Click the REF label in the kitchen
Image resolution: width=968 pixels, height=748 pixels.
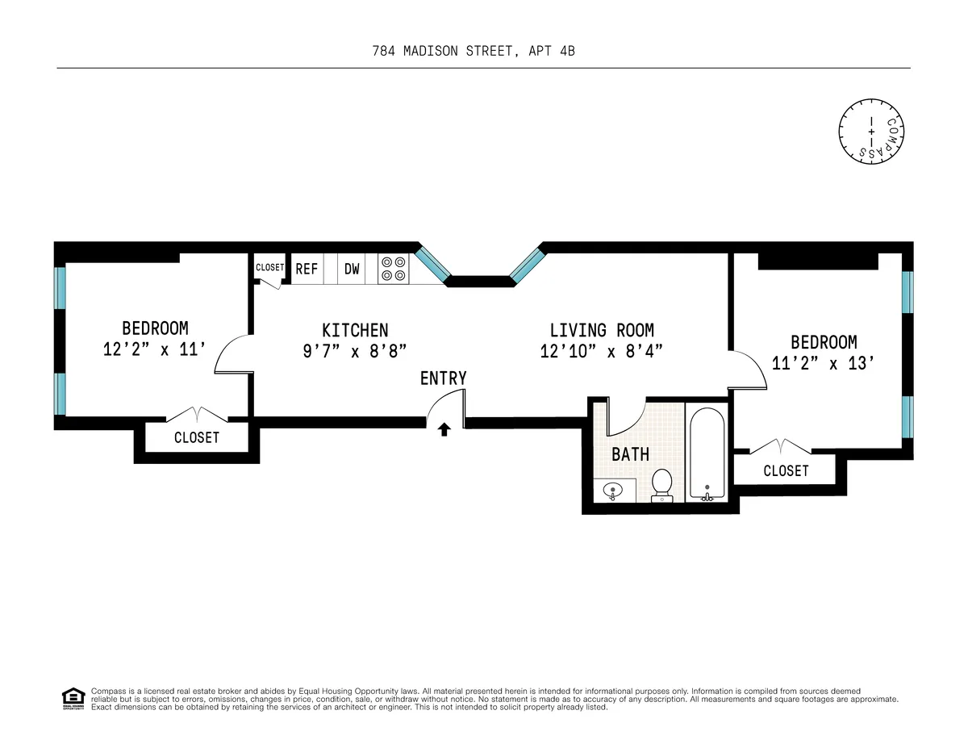pos(307,270)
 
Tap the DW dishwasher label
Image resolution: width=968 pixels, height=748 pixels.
pos(352,270)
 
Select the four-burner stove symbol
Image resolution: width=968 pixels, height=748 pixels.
pos(394,270)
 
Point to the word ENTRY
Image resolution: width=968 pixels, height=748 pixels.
pos(443,378)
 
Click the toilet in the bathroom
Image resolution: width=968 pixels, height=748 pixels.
pos(662,485)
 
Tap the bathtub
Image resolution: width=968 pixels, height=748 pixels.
pos(707,452)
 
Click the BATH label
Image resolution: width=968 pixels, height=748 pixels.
pos(630,455)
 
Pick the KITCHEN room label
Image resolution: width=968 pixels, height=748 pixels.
pos(355,330)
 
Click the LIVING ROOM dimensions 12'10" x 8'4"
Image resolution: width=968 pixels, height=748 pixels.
pos(602,352)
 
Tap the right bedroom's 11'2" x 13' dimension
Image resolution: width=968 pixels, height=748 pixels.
pos(824,364)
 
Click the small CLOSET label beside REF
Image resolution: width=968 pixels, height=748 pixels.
pos(269,268)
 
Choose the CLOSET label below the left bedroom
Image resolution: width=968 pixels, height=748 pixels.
pos(197,438)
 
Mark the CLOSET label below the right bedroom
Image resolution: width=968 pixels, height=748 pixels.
pos(786,470)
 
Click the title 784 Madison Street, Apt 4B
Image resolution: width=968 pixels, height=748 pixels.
pos(474,51)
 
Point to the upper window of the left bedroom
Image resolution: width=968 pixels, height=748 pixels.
pos(60,287)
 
